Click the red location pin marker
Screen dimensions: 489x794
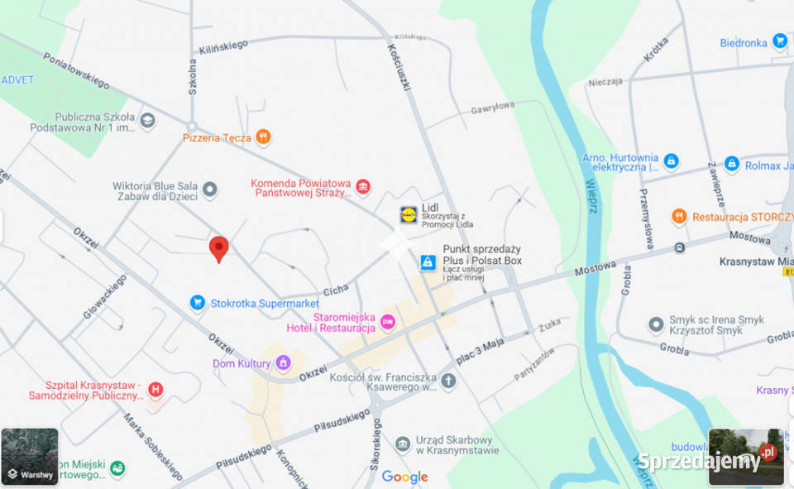pos(218,247)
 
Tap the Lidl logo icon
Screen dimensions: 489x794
pos(409,215)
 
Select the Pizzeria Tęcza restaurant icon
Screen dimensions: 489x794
pos(263,137)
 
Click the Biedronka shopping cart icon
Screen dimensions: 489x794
pos(779,41)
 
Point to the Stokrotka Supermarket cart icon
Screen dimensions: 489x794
pos(198,303)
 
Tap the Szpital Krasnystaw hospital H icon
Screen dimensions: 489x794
pos(155,389)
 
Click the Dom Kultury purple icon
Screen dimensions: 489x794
pos(283,363)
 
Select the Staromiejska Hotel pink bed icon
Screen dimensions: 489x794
pos(387,322)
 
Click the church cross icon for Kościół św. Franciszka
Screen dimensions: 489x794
pos(448,381)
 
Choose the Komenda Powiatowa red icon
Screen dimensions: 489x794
pos(362,188)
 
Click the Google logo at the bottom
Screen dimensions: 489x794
pos(404,477)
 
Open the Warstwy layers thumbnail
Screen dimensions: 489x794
pos(30,456)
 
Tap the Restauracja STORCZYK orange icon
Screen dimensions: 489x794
pos(679,217)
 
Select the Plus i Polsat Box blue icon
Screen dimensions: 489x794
pos(427,262)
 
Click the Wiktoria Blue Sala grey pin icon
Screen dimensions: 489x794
pos(210,189)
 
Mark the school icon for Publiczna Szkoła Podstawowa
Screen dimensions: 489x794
pos(147,121)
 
